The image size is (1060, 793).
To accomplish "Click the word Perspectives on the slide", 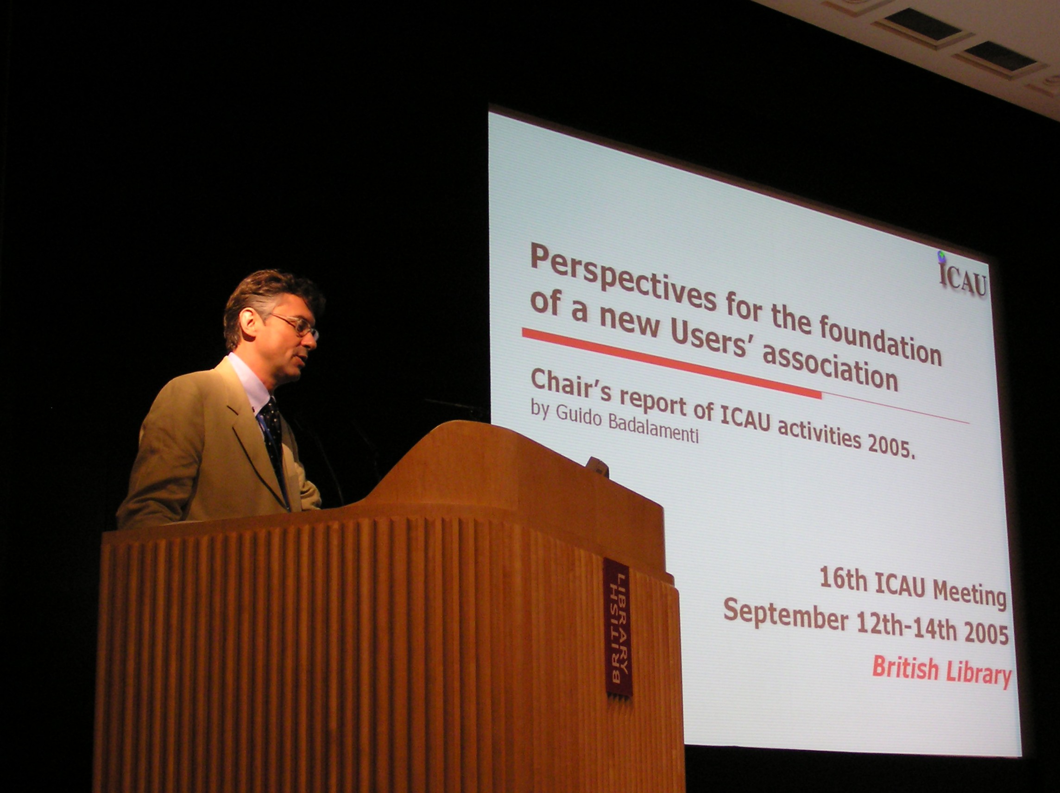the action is (623, 278).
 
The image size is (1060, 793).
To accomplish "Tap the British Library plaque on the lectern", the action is (618, 627).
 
